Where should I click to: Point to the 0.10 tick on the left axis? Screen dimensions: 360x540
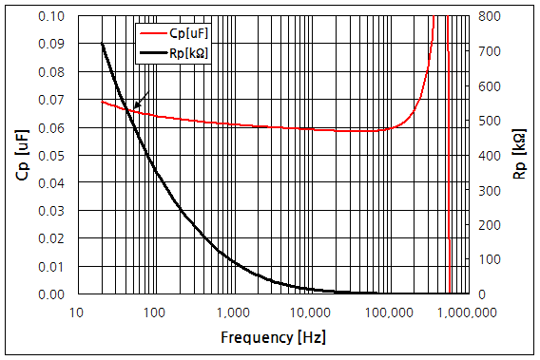coord(53,16)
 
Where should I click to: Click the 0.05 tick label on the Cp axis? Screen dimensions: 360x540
coord(53,156)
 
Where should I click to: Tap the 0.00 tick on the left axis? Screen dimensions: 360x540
coord(53,294)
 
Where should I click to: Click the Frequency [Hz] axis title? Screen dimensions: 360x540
coord(270,337)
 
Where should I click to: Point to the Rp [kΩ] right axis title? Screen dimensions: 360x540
coord(518,155)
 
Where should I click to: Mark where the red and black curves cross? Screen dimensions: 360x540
coord(127,110)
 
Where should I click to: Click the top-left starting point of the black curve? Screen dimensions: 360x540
coord(101,44)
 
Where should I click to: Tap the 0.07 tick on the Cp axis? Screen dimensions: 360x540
coord(53,100)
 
